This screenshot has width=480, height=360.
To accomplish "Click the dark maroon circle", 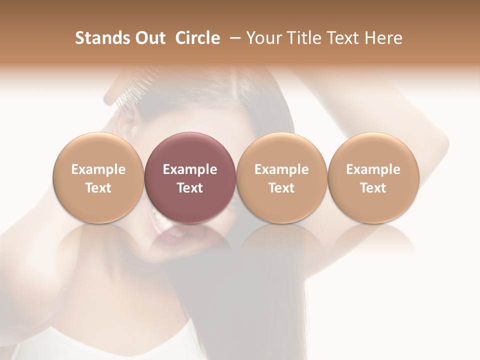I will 190,178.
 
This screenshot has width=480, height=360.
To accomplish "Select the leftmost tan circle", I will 98,178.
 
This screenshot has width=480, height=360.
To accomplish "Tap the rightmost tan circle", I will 373,178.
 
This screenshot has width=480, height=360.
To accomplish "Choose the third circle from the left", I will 281,178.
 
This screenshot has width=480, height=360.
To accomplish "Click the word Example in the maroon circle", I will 190,169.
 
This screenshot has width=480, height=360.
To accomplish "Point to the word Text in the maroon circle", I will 190,188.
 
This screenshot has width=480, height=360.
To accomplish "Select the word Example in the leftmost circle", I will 98,169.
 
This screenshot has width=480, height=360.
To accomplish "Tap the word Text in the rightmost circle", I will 373,188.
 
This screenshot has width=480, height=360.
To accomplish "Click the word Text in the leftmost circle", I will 98,188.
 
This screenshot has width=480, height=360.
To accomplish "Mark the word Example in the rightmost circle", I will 373,169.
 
